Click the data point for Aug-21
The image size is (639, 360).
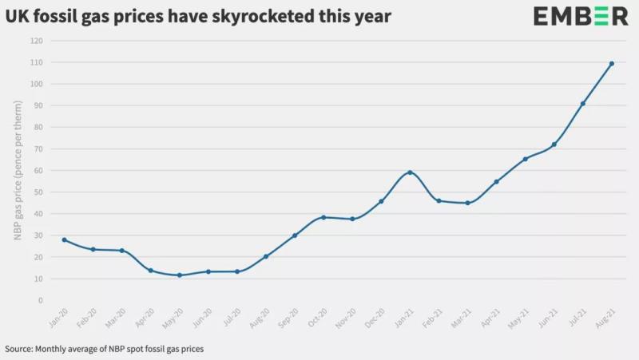[x=611, y=64]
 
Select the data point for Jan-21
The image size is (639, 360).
[x=410, y=172]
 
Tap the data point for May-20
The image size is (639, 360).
[x=180, y=275]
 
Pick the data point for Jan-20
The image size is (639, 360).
[x=65, y=239]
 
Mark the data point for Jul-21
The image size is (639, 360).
[x=582, y=104]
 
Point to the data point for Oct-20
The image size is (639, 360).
[x=323, y=217]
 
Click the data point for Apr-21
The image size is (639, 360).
[x=496, y=182]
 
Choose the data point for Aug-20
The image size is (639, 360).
[x=266, y=256]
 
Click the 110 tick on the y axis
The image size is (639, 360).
[x=35, y=62]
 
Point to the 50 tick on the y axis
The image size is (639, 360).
[x=38, y=192]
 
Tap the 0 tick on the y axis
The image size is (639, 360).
[x=40, y=301]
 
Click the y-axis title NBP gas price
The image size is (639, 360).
[x=17, y=184]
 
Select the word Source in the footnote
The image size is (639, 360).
[x=21, y=349]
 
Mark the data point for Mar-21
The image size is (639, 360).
[x=467, y=203]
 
